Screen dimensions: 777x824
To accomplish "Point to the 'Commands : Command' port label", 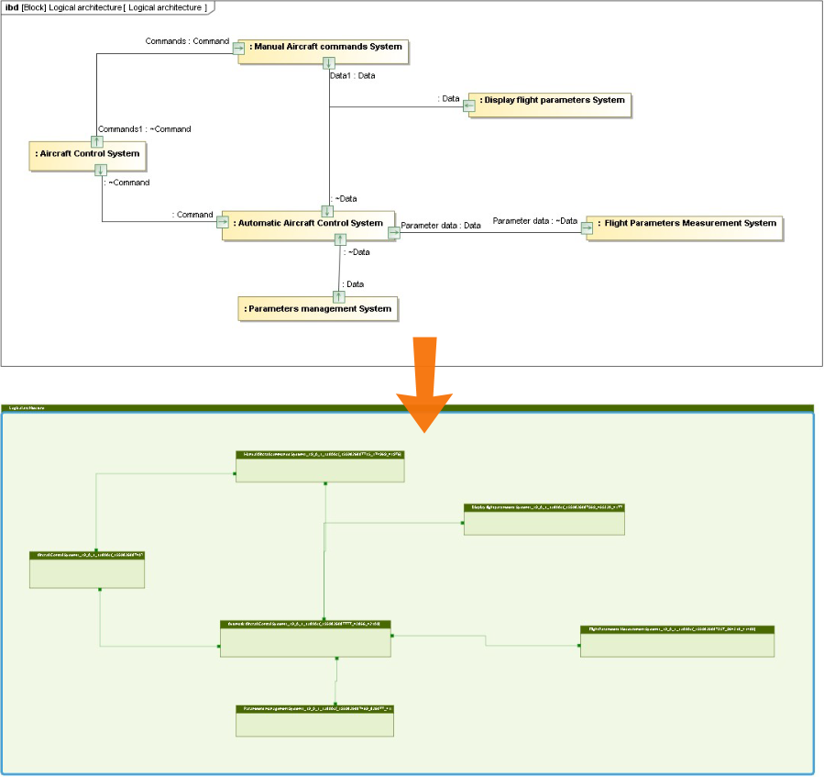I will click(187, 41).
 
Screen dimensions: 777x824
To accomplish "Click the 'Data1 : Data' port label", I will click(352, 75).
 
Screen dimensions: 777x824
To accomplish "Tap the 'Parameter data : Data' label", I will click(441, 225).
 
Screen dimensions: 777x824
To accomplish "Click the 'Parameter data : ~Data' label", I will click(535, 221).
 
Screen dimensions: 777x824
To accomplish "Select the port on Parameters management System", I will click(339, 296).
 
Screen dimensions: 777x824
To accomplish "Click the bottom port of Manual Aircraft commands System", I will click(328, 63).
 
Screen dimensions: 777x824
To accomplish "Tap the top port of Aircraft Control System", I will click(97, 141).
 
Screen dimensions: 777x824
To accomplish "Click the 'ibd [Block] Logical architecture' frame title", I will click(106, 7).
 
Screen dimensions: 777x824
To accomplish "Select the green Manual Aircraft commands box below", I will click(320, 466).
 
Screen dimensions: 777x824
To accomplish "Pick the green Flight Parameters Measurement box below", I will click(677, 642).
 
